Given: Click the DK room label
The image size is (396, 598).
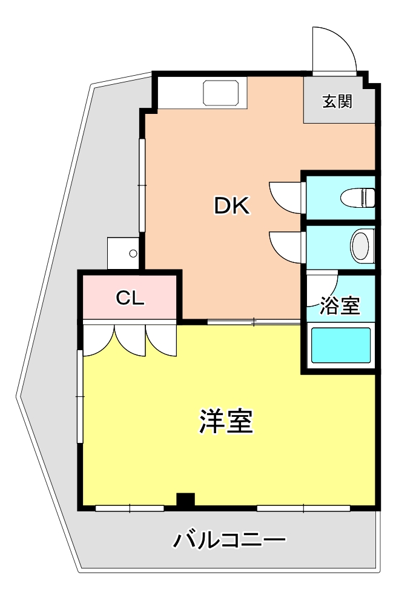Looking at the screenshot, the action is (232, 205).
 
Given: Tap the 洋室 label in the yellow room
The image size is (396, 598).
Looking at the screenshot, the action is (226, 421).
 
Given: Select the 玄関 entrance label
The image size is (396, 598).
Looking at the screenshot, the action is (337, 101).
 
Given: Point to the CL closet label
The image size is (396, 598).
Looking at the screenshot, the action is (130, 298).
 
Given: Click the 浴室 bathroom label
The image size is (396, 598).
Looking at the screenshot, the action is (340, 305).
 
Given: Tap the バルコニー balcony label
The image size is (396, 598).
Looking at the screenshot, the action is (229, 540).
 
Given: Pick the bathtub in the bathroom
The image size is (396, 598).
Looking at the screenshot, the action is (341, 345).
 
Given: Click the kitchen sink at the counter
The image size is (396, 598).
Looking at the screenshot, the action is (222, 93).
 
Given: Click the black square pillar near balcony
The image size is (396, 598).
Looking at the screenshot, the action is (185, 500).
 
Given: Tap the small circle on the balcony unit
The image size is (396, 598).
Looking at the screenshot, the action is (133, 253).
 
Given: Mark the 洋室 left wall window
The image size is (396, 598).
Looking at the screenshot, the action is (80, 397).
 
